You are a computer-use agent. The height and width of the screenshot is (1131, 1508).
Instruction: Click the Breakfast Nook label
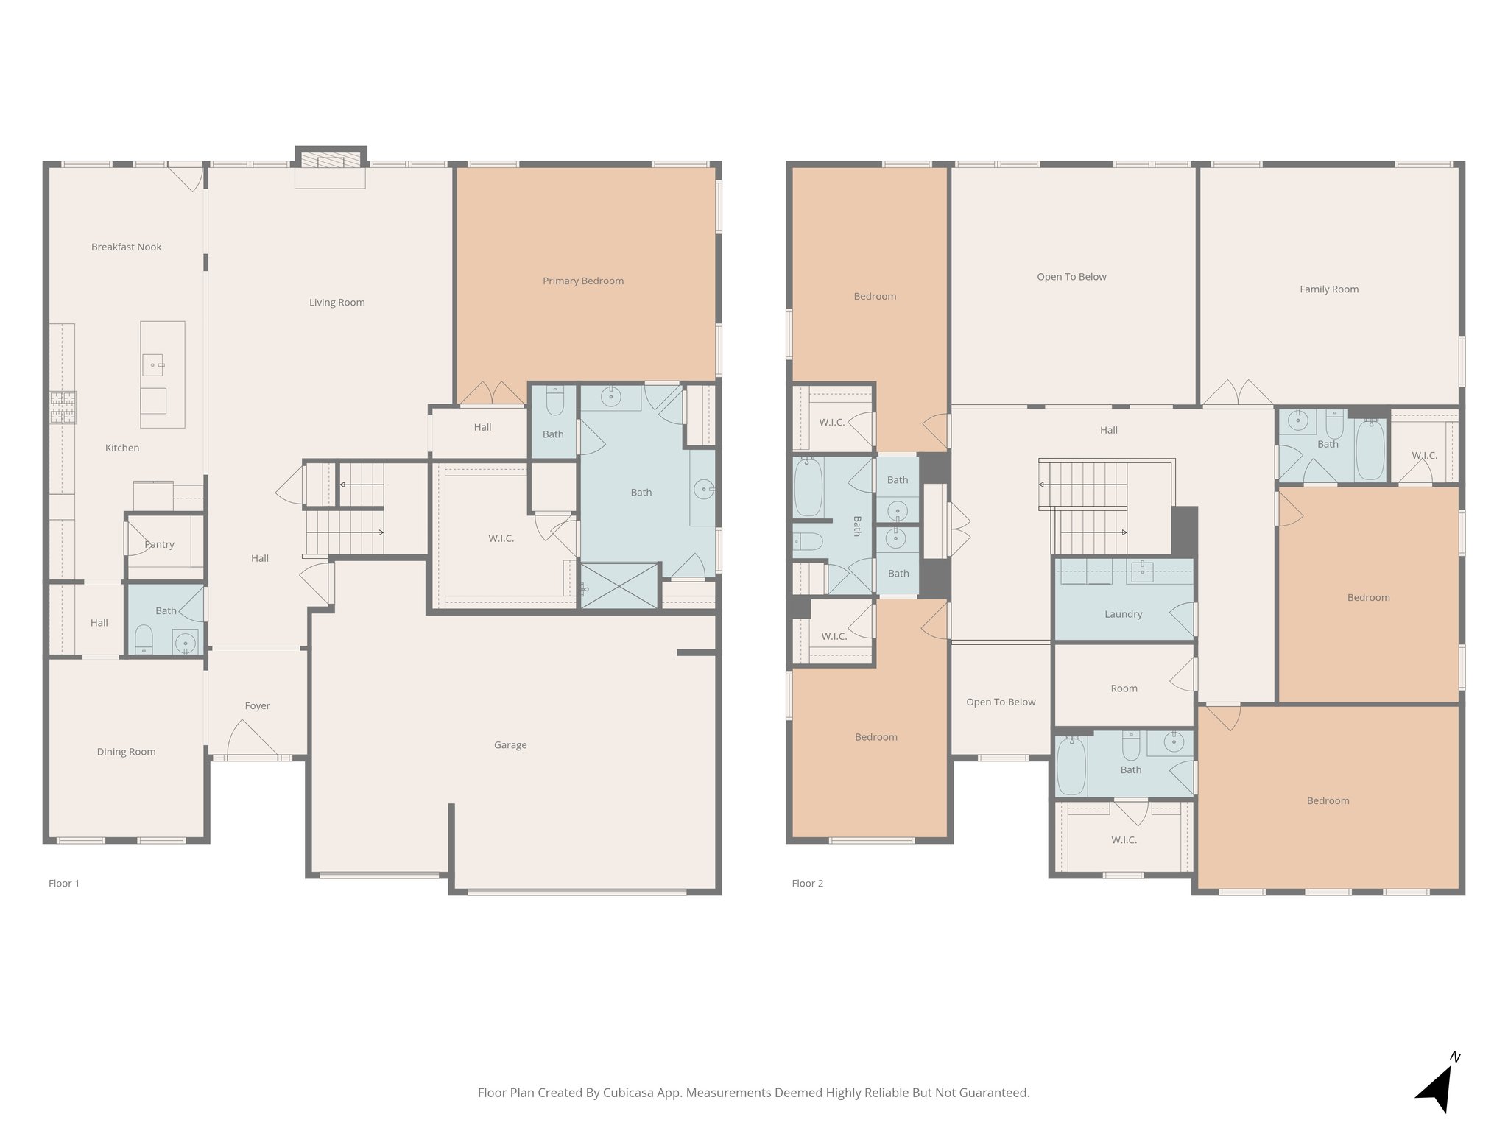point(126,247)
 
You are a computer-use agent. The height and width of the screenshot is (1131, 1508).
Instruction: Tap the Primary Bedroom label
point(583,281)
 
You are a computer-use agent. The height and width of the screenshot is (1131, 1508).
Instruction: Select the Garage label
point(510,745)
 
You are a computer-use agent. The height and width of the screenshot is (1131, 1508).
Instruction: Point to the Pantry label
point(159,544)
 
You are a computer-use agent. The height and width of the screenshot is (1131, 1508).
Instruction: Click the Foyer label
point(258,705)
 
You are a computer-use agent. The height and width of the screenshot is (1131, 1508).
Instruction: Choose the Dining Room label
point(126,752)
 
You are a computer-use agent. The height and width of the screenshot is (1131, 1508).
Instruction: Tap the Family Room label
point(1329,289)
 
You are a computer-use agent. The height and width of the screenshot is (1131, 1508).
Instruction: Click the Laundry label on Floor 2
point(1124,614)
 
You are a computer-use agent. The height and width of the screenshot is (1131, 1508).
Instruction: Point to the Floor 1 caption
point(64,883)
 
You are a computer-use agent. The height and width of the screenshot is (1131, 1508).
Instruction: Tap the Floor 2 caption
point(808,883)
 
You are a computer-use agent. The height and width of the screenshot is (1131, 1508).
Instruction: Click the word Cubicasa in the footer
point(630,1093)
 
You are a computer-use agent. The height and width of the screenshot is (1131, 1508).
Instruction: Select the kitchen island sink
point(153,365)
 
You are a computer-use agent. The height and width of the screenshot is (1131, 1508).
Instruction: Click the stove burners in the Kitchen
point(63,407)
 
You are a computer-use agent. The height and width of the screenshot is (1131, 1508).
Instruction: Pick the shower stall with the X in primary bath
point(619,586)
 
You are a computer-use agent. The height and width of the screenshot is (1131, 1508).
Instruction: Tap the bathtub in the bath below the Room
point(1071,766)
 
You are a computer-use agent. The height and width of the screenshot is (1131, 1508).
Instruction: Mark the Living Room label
point(337,302)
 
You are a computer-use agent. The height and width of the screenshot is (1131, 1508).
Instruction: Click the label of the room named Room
point(1124,688)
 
